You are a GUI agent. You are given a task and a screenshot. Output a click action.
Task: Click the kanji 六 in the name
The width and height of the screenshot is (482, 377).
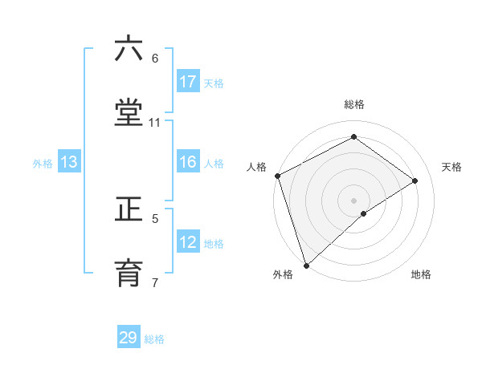click(129, 49)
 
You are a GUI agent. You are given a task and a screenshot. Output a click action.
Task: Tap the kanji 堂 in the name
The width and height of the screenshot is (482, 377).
click(129, 113)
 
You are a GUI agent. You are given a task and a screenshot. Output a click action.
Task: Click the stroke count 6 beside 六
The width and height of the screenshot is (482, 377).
click(154, 58)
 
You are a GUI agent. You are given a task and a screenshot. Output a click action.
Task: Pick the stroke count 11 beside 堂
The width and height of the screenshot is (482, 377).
click(154, 122)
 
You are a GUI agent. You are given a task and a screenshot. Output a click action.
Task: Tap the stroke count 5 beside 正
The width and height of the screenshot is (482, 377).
click(155, 217)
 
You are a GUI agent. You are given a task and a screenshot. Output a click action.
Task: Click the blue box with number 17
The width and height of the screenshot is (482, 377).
click(188, 82)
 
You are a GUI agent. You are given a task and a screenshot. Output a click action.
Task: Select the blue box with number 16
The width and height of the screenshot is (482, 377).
click(188, 162)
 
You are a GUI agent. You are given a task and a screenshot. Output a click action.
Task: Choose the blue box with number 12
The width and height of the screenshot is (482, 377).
click(188, 242)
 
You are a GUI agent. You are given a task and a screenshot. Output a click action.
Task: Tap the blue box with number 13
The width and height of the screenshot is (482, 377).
click(69, 162)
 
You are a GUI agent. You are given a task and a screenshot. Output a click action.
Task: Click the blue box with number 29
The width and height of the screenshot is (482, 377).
click(129, 338)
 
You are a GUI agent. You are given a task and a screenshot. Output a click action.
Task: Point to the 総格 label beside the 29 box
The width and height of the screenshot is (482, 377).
click(154, 339)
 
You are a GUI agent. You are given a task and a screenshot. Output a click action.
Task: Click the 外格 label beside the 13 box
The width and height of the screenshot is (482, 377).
click(43, 163)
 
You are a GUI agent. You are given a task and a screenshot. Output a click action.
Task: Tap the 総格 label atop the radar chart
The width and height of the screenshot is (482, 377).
click(354, 104)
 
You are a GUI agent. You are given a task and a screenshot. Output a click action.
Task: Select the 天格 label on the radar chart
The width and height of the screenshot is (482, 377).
click(452, 167)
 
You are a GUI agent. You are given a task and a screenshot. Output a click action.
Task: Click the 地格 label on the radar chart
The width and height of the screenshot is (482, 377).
click(421, 274)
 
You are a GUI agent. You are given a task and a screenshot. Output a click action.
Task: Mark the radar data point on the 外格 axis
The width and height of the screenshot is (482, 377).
click(305, 265)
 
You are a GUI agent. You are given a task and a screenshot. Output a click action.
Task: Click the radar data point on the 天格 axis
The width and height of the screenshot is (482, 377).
click(415, 180)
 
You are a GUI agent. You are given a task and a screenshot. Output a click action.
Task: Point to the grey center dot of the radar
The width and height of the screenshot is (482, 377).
click(353, 200)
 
